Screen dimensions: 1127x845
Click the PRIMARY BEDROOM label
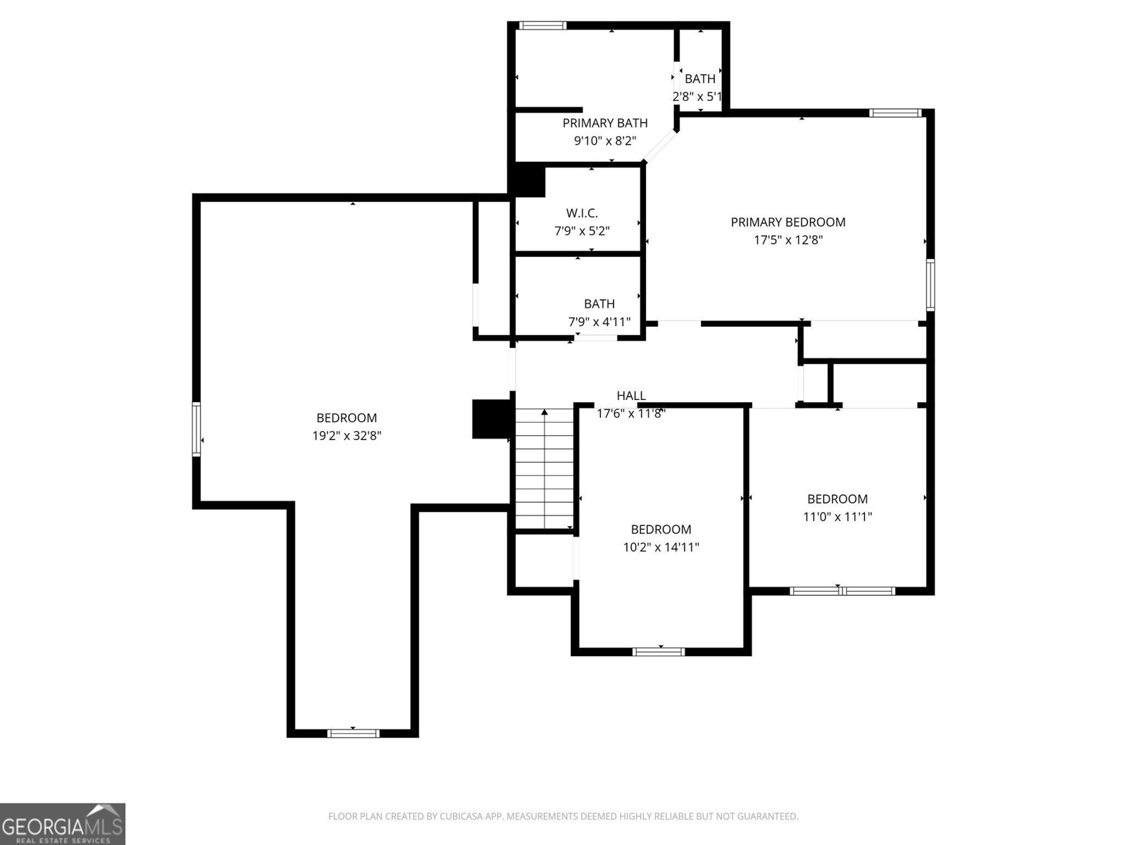(x=787, y=222)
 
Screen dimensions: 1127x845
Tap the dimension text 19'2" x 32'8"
(x=347, y=436)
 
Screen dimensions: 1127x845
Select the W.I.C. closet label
(x=582, y=213)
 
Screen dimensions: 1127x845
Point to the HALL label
(x=631, y=396)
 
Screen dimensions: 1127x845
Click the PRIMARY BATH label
(x=605, y=123)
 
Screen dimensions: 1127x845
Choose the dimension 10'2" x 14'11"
(x=661, y=547)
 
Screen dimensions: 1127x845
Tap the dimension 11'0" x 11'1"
(x=838, y=517)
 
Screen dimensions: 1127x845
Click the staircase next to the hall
(x=544, y=468)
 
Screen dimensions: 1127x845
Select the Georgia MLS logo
(x=63, y=824)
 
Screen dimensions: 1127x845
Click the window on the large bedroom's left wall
(x=196, y=430)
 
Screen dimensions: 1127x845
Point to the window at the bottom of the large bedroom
(x=354, y=734)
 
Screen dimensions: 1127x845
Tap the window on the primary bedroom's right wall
(x=930, y=284)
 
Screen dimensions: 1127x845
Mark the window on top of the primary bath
(x=542, y=25)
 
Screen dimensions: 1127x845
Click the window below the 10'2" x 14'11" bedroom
(x=658, y=652)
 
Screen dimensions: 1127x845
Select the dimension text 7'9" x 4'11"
(x=599, y=323)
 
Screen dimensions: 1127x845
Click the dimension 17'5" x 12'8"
(x=788, y=240)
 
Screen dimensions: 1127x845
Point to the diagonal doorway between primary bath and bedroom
(x=661, y=146)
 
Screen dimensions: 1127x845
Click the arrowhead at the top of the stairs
(x=544, y=412)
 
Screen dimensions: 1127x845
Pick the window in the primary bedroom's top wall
(x=895, y=113)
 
